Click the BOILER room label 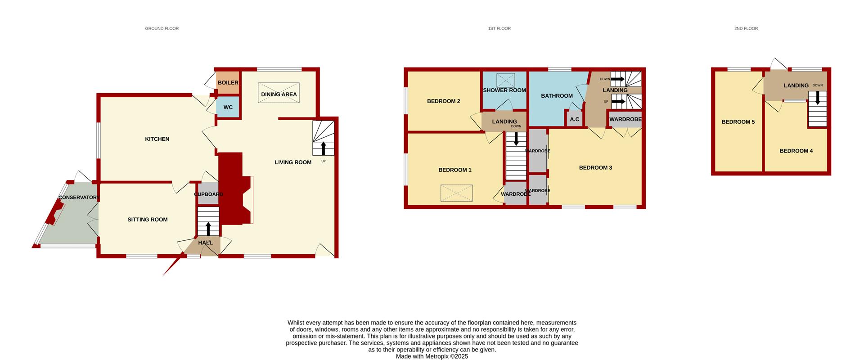(x=228, y=83)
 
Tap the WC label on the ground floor (x=228, y=108)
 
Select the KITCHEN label (x=157, y=139)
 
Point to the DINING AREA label (x=279, y=94)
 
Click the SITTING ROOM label (x=148, y=220)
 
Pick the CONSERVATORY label (x=78, y=198)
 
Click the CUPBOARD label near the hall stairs (x=208, y=194)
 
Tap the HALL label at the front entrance (x=205, y=243)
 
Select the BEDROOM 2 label (x=444, y=101)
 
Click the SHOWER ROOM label (x=504, y=90)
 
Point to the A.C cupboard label (x=575, y=120)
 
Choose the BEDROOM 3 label (x=595, y=168)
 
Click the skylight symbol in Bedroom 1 (x=457, y=193)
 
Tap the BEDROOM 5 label (x=738, y=122)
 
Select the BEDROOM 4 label (x=796, y=151)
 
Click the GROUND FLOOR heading (x=162, y=28)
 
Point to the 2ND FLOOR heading (x=746, y=28)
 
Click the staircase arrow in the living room (x=324, y=148)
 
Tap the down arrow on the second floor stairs (x=818, y=98)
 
